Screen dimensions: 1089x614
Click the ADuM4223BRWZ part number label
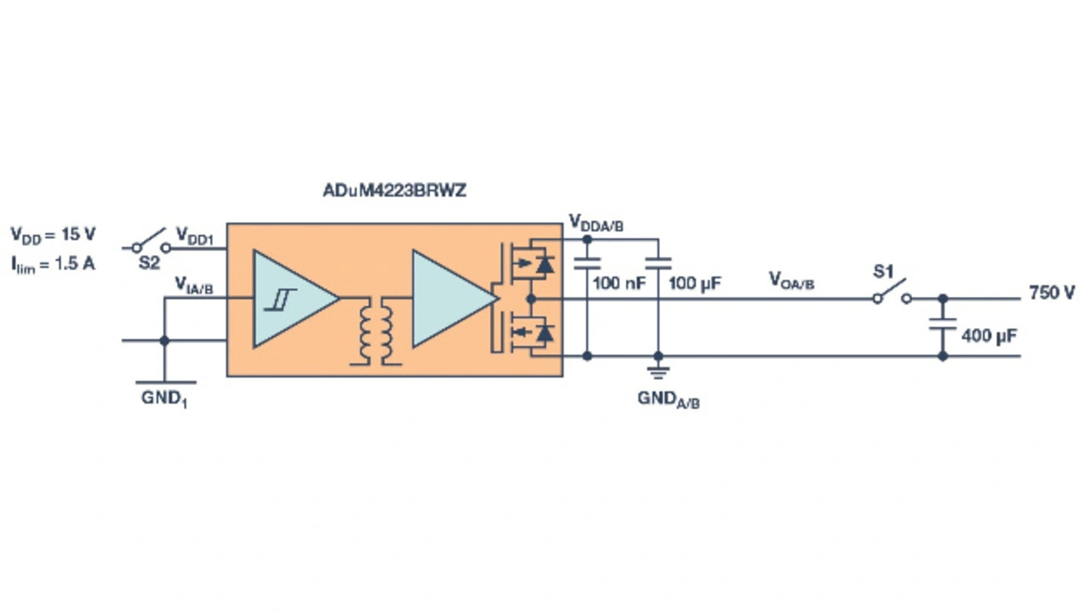pyautogui.click(x=394, y=190)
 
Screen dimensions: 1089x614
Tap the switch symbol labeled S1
pyautogui.click(x=892, y=293)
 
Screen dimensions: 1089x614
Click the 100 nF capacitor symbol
pyautogui.click(x=587, y=264)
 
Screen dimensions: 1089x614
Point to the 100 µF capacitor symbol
pyautogui.click(x=659, y=264)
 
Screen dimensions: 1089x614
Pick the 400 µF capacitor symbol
pyautogui.click(x=943, y=324)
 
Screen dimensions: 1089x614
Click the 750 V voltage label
pyautogui.click(x=1052, y=293)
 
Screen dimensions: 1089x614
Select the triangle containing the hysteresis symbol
pyautogui.click(x=295, y=298)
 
